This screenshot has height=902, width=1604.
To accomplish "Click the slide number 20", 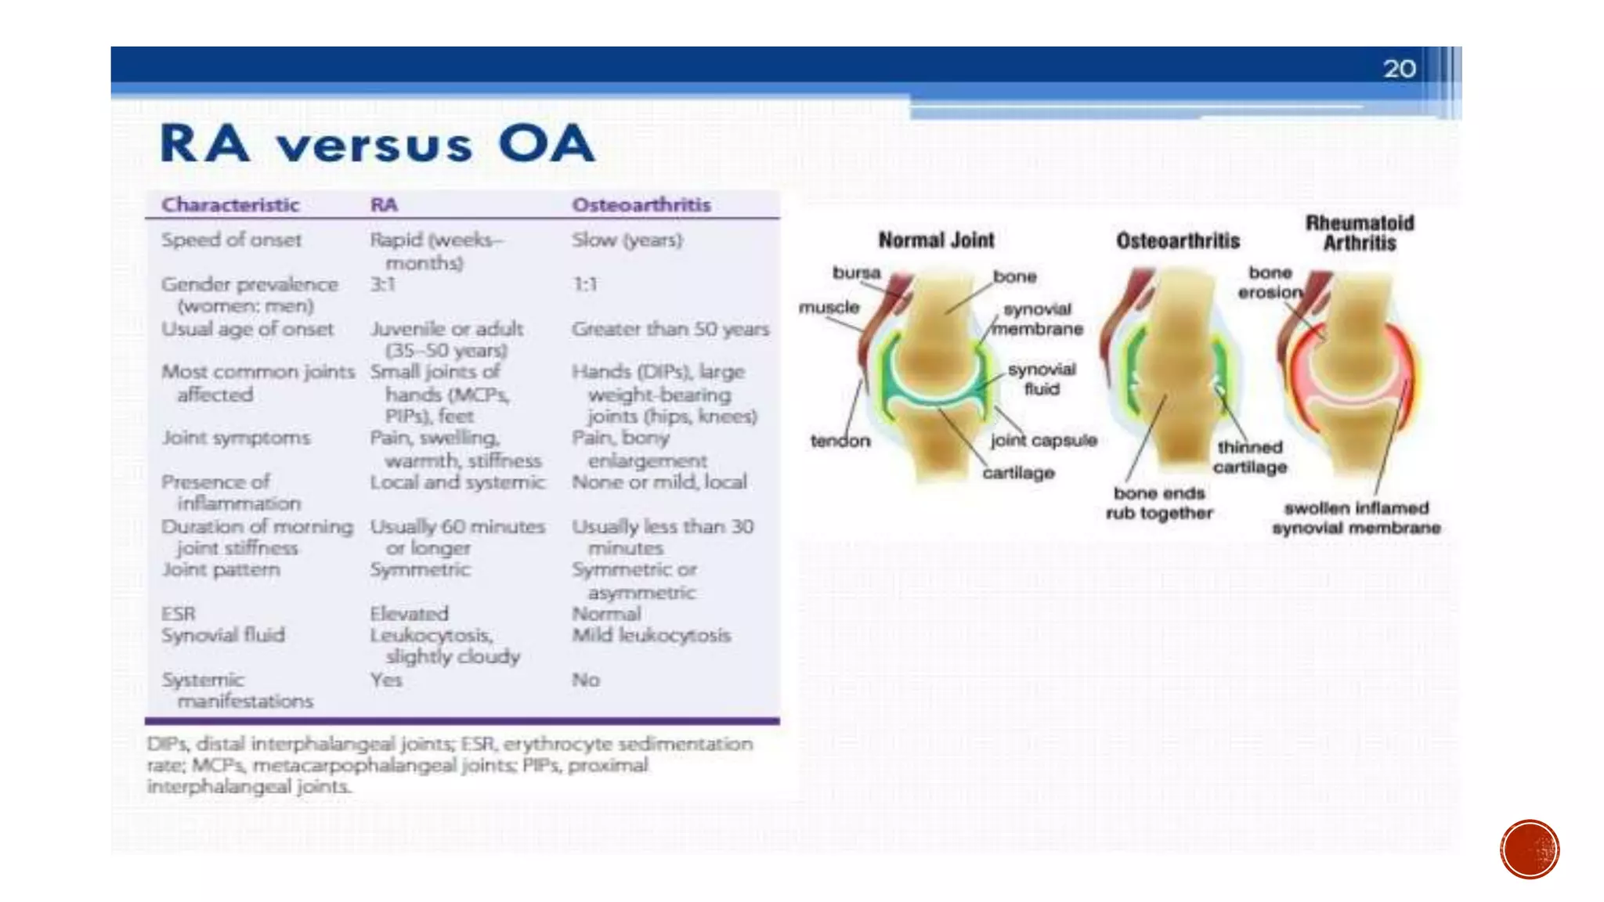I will pyautogui.click(x=1399, y=69).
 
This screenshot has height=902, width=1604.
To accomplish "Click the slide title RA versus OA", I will pyautogui.click(x=377, y=144).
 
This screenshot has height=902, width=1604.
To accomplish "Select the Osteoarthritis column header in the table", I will pyautogui.click(x=641, y=205).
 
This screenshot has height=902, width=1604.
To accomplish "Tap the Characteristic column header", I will pyautogui.click(x=230, y=205).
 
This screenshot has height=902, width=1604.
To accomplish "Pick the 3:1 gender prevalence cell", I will pyautogui.click(x=383, y=284).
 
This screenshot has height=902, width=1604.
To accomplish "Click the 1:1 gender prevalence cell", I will pyautogui.click(x=585, y=284).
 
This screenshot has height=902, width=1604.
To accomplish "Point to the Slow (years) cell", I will pyautogui.click(x=627, y=240).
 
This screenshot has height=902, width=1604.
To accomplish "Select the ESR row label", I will pyautogui.click(x=179, y=614).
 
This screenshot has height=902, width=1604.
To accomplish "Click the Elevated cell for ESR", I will pyautogui.click(x=409, y=614).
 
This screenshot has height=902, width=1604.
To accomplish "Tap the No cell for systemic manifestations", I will pyautogui.click(x=586, y=680).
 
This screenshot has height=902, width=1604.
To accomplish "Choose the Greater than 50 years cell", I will pyautogui.click(x=670, y=329).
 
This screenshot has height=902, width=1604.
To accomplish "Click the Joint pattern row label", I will pyautogui.click(x=221, y=569).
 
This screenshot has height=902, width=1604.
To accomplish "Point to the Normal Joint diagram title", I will pyautogui.click(x=936, y=240).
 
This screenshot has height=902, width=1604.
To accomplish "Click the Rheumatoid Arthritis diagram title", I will pyautogui.click(x=1360, y=233).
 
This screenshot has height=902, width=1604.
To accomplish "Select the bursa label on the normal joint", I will pyautogui.click(x=856, y=273).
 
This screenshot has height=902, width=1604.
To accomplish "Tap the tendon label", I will pyautogui.click(x=840, y=441).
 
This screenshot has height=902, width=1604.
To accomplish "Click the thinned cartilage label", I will pyautogui.click(x=1250, y=457).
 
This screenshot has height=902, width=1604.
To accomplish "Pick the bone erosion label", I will pyautogui.click(x=1270, y=283).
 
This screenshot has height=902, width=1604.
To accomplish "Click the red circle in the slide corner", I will pyautogui.click(x=1530, y=850).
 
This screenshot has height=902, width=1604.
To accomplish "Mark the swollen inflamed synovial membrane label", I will pyautogui.click(x=1357, y=518).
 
